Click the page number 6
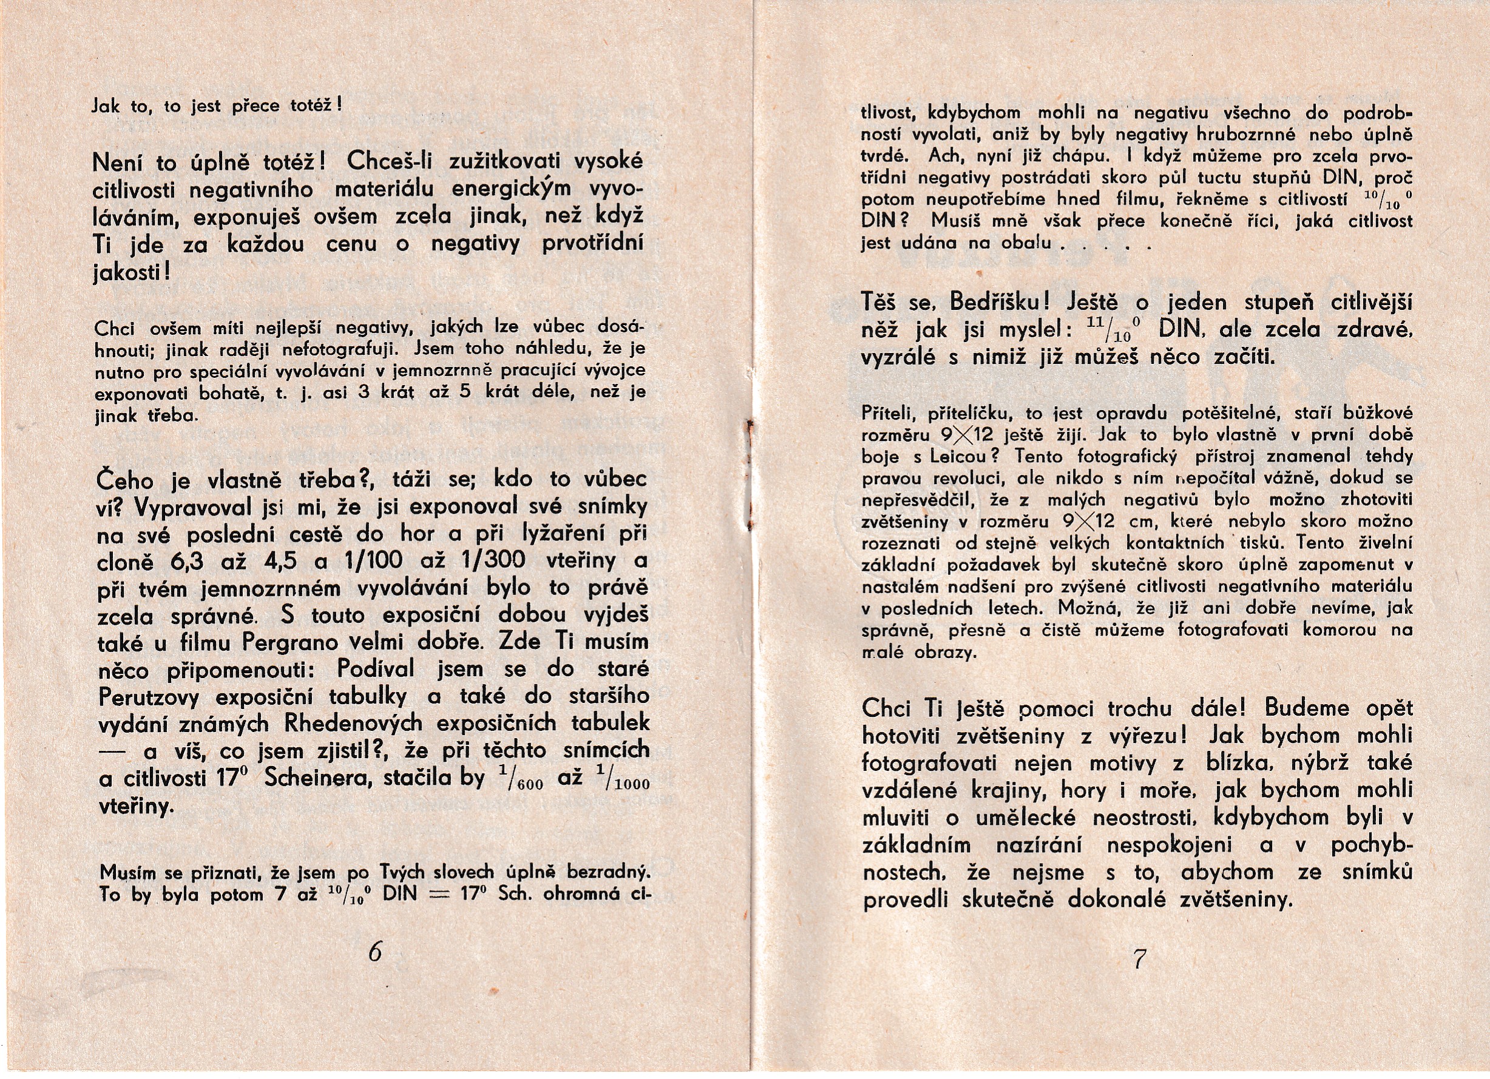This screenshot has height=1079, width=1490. coord(375,952)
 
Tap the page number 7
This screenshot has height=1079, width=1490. coord(1139,960)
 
